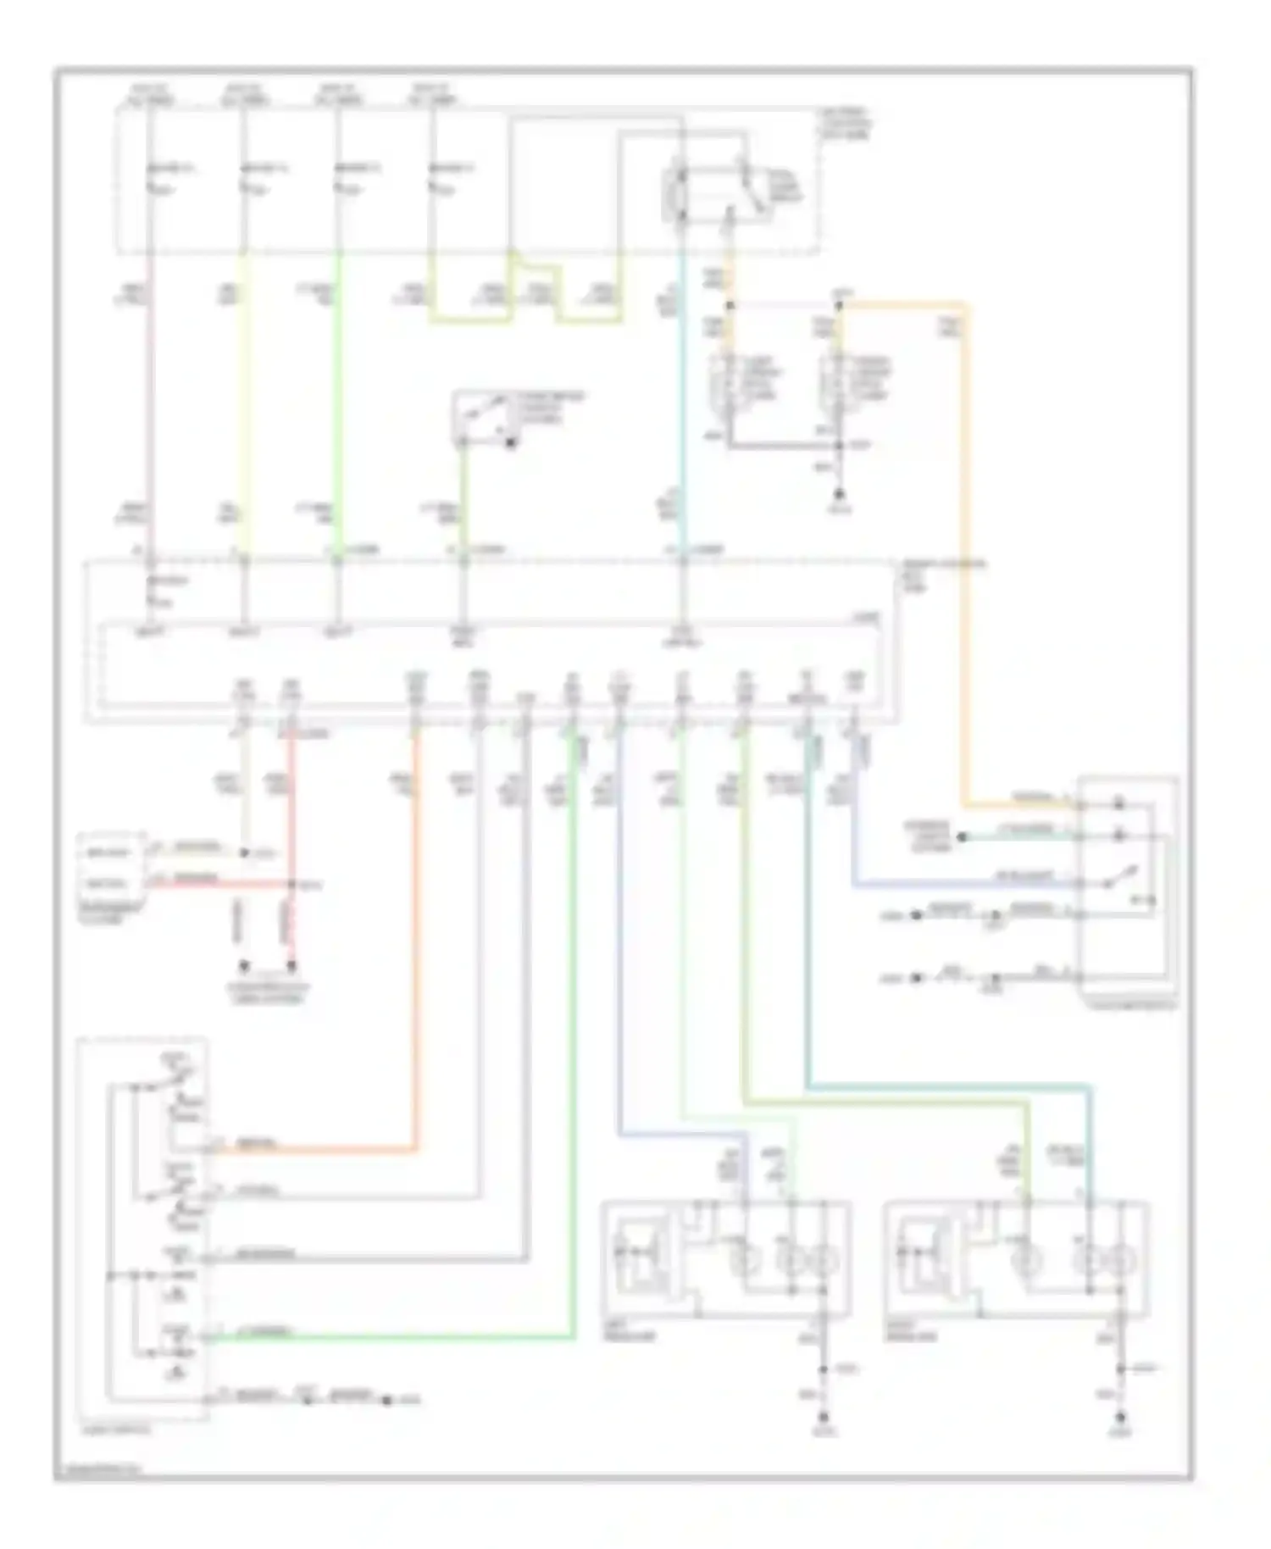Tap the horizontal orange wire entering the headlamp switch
(322, 1150)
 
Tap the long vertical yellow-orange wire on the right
(965, 551)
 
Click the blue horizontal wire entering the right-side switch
(957, 885)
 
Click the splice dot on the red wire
(292, 885)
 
